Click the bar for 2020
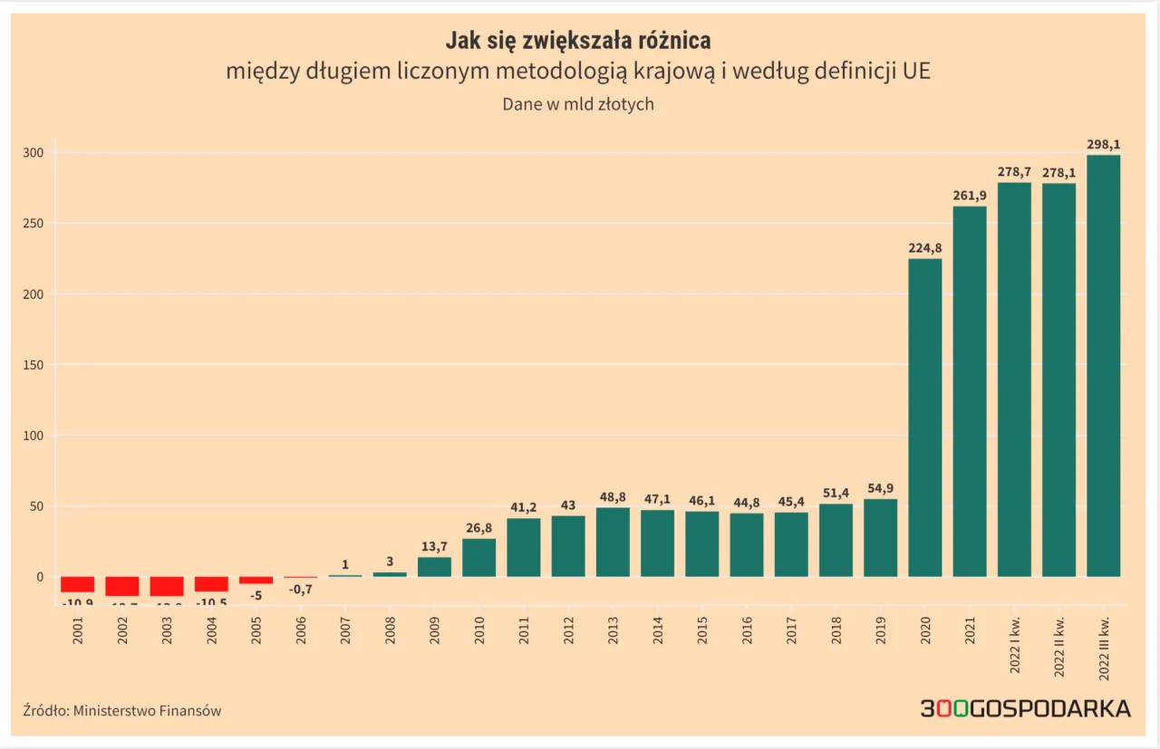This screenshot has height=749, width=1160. pyautogui.click(x=924, y=418)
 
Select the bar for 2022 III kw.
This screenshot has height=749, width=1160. pyautogui.click(x=1103, y=366)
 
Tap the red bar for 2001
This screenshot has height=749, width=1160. pyautogui.click(x=78, y=584)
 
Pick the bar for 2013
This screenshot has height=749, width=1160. pyautogui.click(x=613, y=542)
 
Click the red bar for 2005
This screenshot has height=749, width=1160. pyautogui.click(x=256, y=580)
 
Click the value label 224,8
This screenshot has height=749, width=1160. pyautogui.click(x=924, y=247)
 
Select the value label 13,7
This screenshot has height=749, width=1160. pyautogui.click(x=434, y=546)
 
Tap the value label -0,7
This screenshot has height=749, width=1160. pyautogui.click(x=301, y=589)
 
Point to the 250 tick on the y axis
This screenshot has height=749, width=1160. pyautogui.click(x=34, y=224)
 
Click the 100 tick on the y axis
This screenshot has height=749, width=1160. pyautogui.click(x=34, y=436)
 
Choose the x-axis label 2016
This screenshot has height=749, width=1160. pyautogui.click(x=747, y=631)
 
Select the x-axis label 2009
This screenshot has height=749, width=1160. pyautogui.click(x=435, y=631)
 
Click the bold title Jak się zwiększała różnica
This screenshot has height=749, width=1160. pyautogui.click(x=578, y=41)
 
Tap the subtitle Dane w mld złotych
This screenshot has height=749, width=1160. pyautogui.click(x=578, y=104)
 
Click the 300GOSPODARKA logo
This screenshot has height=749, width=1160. pyautogui.click(x=1025, y=708)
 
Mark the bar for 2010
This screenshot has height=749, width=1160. pyautogui.click(x=478, y=558)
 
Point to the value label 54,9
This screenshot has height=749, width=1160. pyautogui.click(x=880, y=488)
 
